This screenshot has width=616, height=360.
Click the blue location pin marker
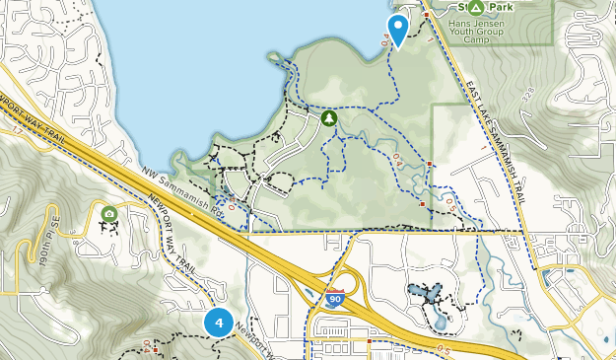pos(398,29)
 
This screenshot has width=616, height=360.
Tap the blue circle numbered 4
pos(219,322)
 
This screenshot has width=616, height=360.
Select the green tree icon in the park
pos(328,118)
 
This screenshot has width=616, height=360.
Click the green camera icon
pos(108,213)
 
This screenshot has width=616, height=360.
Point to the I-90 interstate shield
pos(336,296)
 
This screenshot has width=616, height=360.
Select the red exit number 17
pos(17,143)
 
